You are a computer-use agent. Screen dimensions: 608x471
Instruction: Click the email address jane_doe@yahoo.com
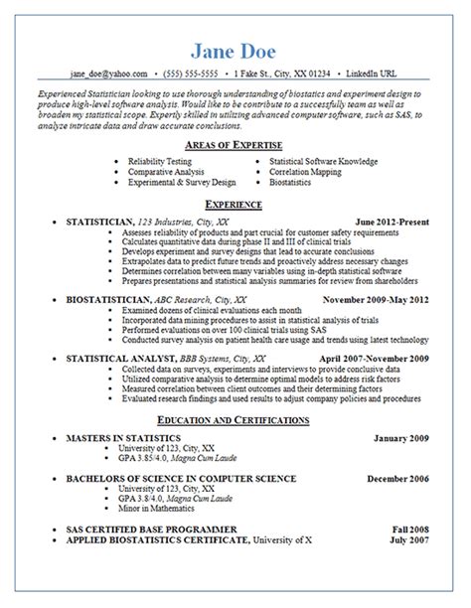click(108, 74)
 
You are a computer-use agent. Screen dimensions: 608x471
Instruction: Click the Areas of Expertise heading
click(235, 144)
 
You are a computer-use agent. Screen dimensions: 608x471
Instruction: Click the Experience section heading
click(235, 204)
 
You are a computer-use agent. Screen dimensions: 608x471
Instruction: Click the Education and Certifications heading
click(235, 420)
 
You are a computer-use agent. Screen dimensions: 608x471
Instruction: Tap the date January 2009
click(402, 437)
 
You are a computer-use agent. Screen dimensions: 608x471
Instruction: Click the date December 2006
click(398, 478)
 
